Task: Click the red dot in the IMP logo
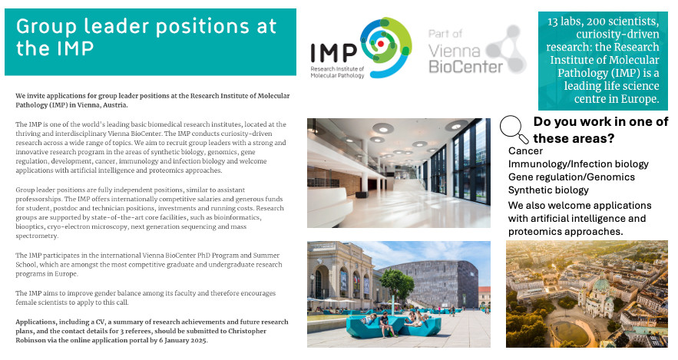pyautogui.click(x=381, y=44)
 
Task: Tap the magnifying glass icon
pyautogui.click(x=514, y=129)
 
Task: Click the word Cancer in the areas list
pyautogui.click(x=525, y=150)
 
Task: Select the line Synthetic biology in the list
pyautogui.click(x=548, y=190)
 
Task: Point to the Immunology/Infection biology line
pyautogui.click(x=578, y=164)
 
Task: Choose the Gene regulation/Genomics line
pyautogui.click(x=571, y=177)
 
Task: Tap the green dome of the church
pyautogui.click(x=600, y=286)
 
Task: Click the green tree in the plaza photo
pyautogui.click(x=398, y=284)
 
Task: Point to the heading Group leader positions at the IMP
pyautogui.click(x=146, y=37)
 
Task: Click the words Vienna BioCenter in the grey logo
pyautogui.click(x=465, y=59)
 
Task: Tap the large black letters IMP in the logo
pyautogui.click(x=333, y=53)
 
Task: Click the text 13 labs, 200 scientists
pyautogui.click(x=604, y=21)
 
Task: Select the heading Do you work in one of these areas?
pyautogui.click(x=600, y=130)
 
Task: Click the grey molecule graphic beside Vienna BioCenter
pyautogui.click(x=506, y=49)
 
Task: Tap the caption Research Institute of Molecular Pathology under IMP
pyautogui.click(x=337, y=72)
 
